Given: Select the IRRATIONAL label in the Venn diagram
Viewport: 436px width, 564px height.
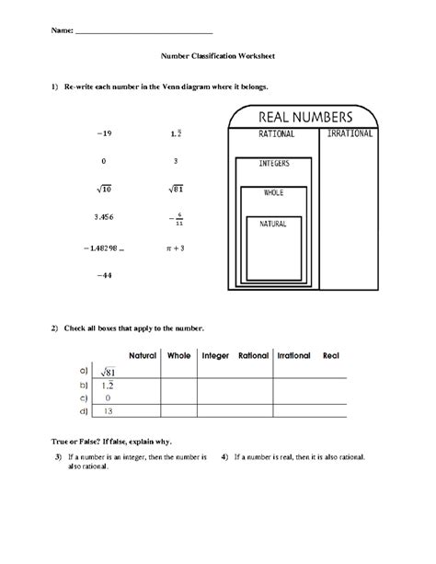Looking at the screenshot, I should [x=349, y=134].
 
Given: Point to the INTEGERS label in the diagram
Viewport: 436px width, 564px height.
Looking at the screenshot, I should [x=274, y=163].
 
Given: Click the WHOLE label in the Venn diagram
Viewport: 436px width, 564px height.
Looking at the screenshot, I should [x=274, y=193].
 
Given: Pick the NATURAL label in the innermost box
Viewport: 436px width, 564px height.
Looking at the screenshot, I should [x=273, y=224].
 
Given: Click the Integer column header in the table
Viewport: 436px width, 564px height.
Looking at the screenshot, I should [x=214, y=355].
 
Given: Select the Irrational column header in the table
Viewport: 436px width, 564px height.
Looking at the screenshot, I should [x=293, y=355].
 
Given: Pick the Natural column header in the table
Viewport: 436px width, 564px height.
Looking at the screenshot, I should [x=142, y=355].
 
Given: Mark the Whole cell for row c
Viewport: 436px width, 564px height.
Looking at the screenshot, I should [x=178, y=397].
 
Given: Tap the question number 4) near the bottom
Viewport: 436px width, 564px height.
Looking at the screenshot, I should [x=224, y=456].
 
